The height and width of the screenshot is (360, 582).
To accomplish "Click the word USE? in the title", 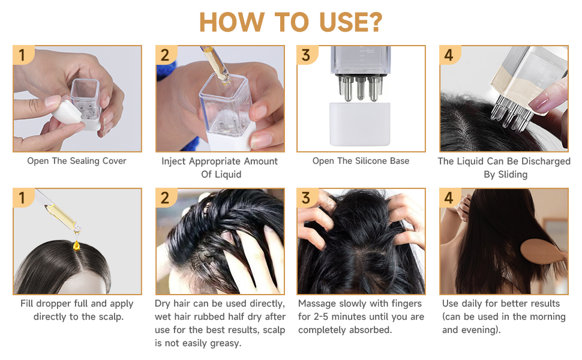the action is point(350,22).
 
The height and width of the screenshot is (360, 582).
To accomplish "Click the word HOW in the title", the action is point(232,22).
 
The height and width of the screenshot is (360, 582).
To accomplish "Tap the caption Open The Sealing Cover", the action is point(77,161).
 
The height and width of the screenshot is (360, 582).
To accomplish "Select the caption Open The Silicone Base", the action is point(361,161).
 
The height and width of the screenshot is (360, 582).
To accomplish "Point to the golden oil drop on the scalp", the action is point(76,245).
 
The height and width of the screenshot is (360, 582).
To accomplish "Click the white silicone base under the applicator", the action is point(359,124).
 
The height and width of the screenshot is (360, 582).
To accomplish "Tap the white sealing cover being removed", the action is point(67,112).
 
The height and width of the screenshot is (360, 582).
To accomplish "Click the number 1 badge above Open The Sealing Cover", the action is point(23,55).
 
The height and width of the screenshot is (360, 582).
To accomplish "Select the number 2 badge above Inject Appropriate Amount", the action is point(166,55).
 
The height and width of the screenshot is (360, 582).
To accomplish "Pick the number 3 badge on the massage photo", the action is point(307,198).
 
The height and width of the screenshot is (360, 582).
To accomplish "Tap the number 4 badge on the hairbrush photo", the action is point(449,198).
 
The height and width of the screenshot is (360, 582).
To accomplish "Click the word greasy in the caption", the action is point(226,344).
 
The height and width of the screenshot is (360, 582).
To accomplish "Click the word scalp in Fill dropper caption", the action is point(110,317).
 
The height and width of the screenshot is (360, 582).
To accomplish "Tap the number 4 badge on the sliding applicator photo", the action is point(449,55).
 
